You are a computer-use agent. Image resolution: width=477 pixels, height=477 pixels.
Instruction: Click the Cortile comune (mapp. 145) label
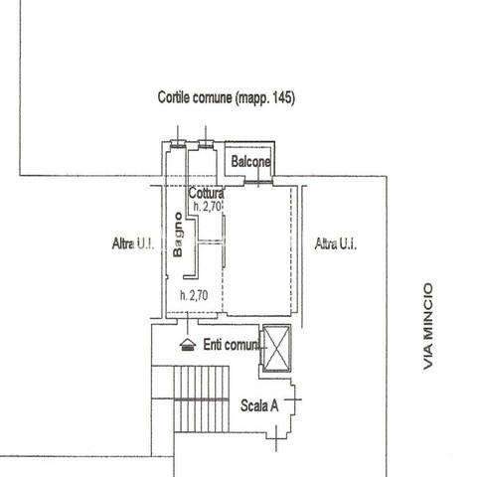(x=227, y=97)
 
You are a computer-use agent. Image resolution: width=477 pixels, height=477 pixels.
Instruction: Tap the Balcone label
(x=250, y=162)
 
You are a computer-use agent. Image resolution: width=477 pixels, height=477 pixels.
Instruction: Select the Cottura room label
(x=206, y=193)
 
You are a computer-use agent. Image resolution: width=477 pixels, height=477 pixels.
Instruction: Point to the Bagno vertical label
(x=178, y=235)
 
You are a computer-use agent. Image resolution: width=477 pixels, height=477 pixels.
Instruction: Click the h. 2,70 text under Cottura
(x=208, y=207)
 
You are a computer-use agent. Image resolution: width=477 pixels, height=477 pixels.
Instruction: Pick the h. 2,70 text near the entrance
(x=194, y=295)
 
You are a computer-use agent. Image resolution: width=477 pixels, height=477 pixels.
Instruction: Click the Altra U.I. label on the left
(x=133, y=243)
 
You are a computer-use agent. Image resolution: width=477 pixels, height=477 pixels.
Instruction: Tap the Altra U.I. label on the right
(x=336, y=243)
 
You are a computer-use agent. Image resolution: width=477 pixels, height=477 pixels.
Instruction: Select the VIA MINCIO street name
(x=428, y=326)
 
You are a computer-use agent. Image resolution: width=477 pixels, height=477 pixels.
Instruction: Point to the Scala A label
(x=259, y=405)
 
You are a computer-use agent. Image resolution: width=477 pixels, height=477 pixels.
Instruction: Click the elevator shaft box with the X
(x=276, y=348)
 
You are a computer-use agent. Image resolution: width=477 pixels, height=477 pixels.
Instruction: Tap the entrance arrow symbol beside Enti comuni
(x=188, y=345)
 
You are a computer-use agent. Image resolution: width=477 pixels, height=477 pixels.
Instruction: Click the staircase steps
(x=202, y=398)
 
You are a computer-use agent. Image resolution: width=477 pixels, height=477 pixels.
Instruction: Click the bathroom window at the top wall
(x=178, y=144)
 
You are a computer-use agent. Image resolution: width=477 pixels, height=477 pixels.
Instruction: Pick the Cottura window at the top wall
(x=206, y=144)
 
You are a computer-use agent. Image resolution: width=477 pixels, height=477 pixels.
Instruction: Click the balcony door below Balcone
(x=258, y=182)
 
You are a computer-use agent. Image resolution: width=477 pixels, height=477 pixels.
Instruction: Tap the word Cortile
(x=174, y=97)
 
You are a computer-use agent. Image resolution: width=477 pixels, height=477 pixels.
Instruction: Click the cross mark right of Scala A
(x=293, y=399)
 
